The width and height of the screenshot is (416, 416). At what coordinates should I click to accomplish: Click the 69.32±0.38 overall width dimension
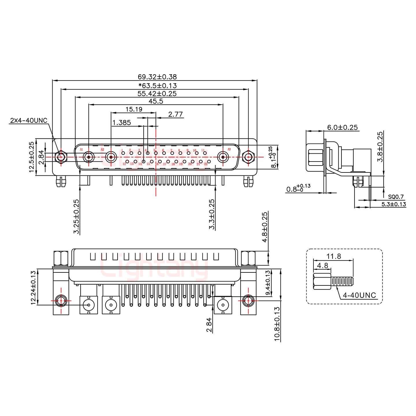click(157, 77)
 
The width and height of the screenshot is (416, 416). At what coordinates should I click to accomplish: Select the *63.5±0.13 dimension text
click(157, 86)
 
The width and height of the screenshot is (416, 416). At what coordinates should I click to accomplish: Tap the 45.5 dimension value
click(156, 101)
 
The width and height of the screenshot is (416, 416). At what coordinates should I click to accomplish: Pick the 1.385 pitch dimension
click(122, 123)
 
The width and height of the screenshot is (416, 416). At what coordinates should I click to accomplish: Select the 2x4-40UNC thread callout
click(28, 120)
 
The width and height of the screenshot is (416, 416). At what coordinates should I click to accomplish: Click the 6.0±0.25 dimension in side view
click(342, 127)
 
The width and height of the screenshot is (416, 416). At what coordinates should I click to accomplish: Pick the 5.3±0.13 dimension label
click(393, 205)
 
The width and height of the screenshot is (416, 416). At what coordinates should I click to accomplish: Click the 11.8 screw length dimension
click(334, 256)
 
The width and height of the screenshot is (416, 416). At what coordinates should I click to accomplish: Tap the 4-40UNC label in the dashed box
click(359, 295)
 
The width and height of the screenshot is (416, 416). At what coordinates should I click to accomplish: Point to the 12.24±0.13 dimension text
click(33, 287)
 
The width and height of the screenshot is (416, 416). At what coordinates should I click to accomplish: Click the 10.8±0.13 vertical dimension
click(277, 324)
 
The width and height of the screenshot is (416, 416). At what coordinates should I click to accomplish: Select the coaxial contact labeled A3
click(223, 157)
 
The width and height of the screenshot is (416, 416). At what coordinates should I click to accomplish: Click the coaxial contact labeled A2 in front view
click(111, 157)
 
